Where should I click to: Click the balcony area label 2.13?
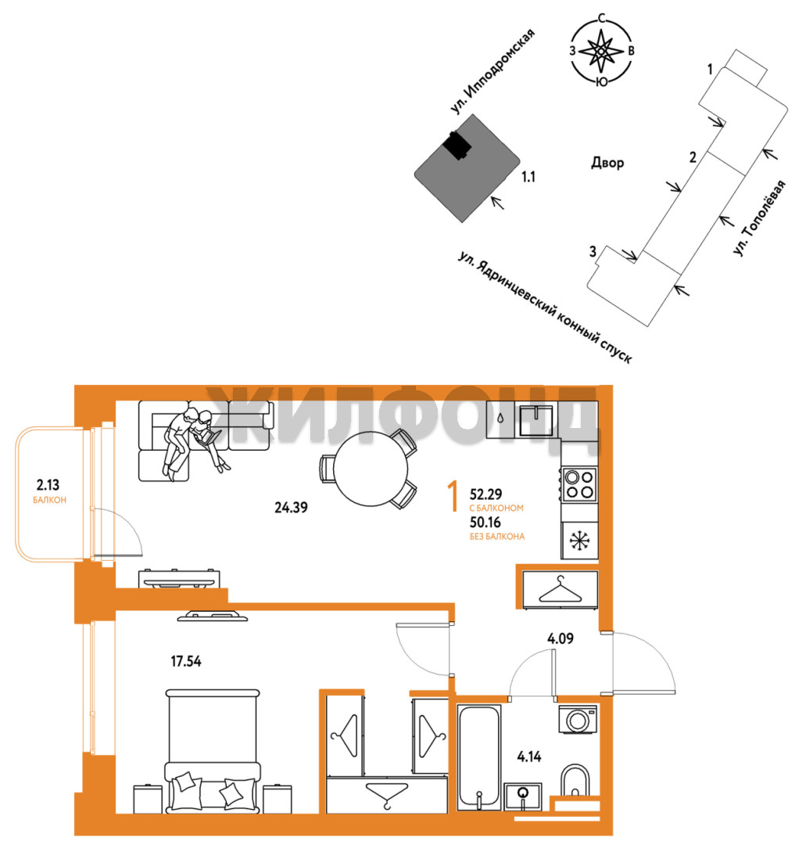click(x=48, y=485)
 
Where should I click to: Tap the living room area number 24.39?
click(x=291, y=507)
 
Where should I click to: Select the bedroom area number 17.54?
click(x=186, y=660)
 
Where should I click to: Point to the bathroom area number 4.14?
click(x=528, y=757)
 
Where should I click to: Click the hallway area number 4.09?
click(x=560, y=638)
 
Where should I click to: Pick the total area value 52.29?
click(x=485, y=494)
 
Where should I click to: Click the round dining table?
click(x=371, y=469)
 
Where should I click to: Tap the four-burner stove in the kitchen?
click(x=579, y=484)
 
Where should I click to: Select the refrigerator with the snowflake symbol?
click(x=579, y=540)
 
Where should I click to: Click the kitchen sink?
click(x=536, y=420)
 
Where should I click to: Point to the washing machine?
click(x=578, y=720)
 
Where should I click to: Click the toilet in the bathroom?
click(x=575, y=780)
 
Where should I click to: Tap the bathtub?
click(x=478, y=757)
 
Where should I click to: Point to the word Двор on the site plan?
click(x=608, y=162)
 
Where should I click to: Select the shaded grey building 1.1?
click(x=467, y=168)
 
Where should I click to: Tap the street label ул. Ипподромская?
click(x=493, y=71)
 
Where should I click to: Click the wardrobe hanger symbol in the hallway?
click(x=561, y=590)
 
